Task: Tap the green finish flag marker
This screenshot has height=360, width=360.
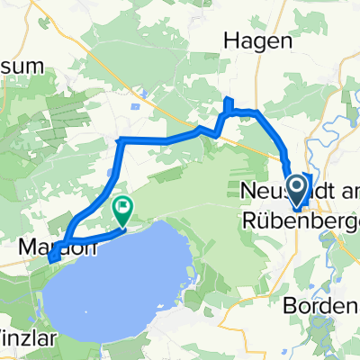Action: pos(121,211)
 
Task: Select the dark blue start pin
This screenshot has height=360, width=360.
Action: pos(295,188)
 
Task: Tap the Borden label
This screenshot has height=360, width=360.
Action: pos(319,306)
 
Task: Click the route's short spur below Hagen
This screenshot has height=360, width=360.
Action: pos(228,105)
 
